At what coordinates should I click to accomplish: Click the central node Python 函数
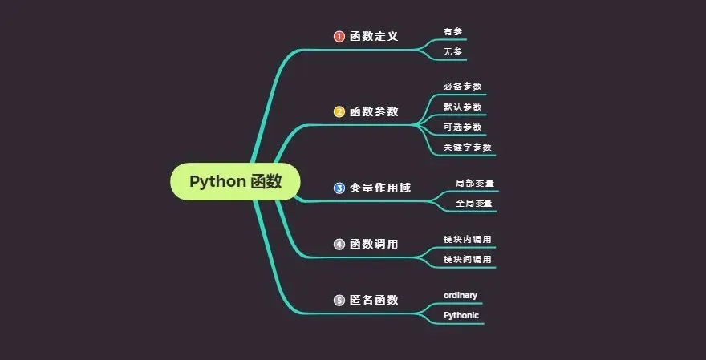click(235, 181)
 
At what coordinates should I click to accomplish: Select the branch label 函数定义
click(374, 37)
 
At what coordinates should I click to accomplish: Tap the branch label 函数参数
click(374, 112)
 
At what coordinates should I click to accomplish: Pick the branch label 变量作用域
click(379, 188)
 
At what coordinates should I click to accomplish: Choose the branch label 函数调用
click(374, 244)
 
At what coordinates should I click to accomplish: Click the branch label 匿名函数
click(374, 300)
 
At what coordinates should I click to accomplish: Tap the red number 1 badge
click(339, 37)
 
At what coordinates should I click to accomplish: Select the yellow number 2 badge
click(339, 112)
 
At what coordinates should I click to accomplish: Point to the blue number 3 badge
click(339, 188)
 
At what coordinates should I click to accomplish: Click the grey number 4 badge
click(339, 244)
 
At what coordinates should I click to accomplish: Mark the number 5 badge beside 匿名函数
click(339, 300)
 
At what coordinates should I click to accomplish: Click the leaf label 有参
click(452, 32)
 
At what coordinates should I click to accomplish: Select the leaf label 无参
click(452, 51)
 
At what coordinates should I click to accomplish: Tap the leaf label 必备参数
click(463, 87)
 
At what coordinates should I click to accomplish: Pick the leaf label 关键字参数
click(468, 148)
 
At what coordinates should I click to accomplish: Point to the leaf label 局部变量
click(474, 184)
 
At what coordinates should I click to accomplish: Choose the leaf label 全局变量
click(474, 204)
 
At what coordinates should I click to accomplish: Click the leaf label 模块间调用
click(468, 260)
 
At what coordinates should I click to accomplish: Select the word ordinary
click(461, 296)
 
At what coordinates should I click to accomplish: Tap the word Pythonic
click(461, 316)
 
